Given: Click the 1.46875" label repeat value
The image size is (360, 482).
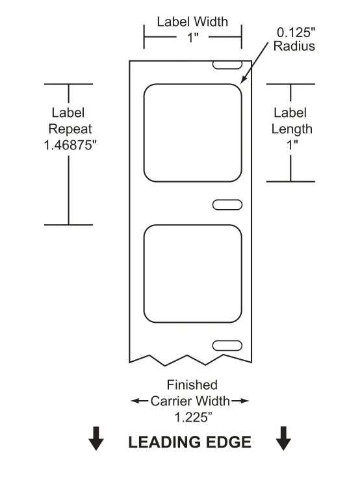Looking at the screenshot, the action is click(x=70, y=145).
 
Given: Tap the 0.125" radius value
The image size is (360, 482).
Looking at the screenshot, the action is click(x=296, y=32).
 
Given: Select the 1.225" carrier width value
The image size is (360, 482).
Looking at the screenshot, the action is click(x=194, y=418).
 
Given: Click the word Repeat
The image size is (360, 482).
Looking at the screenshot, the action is click(x=70, y=129).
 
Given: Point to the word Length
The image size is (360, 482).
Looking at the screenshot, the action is click(x=292, y=129).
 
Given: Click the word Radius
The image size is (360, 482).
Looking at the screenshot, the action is click(x=294, y=46).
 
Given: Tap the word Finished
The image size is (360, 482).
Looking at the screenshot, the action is click(x=192, y=385).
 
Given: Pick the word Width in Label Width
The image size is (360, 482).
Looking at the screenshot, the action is click(x=211, y=22).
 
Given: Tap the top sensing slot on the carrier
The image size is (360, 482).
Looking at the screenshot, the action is click(x=227, y=64).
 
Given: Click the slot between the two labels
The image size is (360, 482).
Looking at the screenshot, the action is click(x=227, y=205).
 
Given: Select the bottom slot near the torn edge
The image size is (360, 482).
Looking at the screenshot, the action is click(x=227, y=346).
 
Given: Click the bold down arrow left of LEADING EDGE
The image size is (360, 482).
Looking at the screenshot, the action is click(x=96, y=438).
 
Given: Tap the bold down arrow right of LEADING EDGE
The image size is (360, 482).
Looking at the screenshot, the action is click(x=283, y=438).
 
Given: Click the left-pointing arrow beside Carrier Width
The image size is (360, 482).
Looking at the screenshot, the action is click(x=140, y=401).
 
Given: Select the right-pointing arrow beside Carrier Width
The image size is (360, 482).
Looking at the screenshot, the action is click(x=240, y=401).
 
